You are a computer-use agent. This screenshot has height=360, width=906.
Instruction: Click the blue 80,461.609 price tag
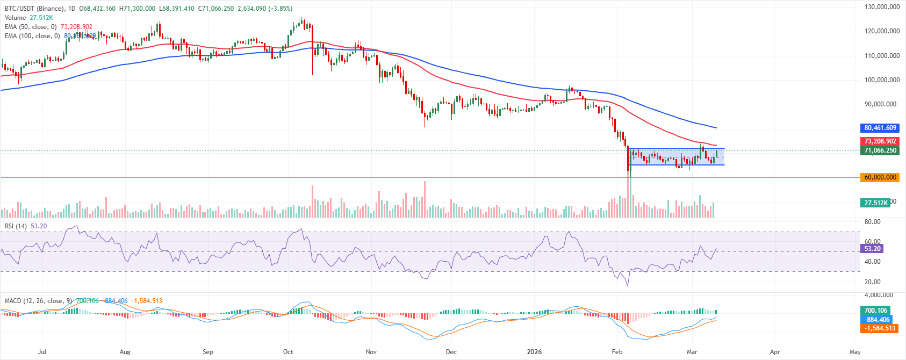[880, 128]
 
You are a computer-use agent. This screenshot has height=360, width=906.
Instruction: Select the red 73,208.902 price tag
[880, 141]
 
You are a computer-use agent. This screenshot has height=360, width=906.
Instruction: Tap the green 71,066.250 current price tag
[880, 150]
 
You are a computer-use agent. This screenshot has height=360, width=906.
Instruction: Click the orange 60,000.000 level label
[880, 177]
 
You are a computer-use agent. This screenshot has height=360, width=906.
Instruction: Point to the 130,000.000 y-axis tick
[882, 7]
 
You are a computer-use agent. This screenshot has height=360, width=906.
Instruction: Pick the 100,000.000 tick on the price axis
[882, 80]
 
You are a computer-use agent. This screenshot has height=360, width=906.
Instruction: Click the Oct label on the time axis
[288, 352]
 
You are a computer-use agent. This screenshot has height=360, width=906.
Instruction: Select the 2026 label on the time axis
[534, 352]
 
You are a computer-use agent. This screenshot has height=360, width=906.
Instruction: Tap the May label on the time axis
[855, 352]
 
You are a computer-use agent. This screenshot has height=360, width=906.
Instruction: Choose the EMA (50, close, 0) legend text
[31, 27]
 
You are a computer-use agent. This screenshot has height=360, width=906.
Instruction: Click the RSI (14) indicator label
[16, 226]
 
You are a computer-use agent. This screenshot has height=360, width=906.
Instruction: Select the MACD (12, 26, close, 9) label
[38, 301]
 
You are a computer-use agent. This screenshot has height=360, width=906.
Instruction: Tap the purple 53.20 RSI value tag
[872, 249]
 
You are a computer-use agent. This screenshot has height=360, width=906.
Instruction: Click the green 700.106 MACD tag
[875, 311]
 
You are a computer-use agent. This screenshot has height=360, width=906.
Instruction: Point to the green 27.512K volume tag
[875, 203]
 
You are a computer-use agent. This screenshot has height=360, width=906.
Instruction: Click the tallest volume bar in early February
[629, 199]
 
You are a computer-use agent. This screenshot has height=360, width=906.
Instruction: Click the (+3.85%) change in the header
[281, 9]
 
